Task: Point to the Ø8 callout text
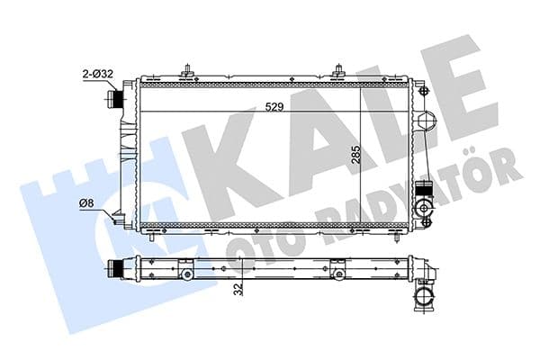click(87, 203)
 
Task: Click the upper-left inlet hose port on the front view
click(114, 97)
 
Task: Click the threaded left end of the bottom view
click(114, 267)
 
